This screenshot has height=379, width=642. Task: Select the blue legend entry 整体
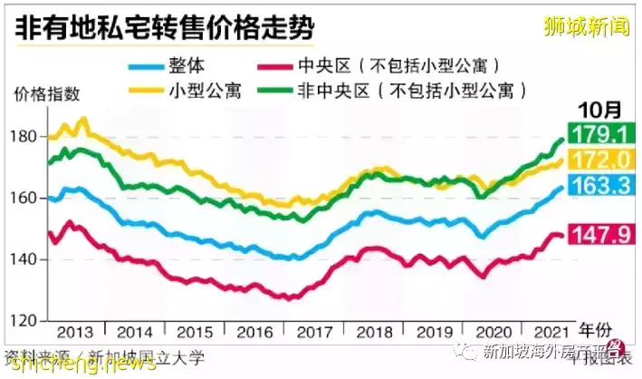tap(187, 65)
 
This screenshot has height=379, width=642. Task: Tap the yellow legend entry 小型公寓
tap(201, 91)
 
